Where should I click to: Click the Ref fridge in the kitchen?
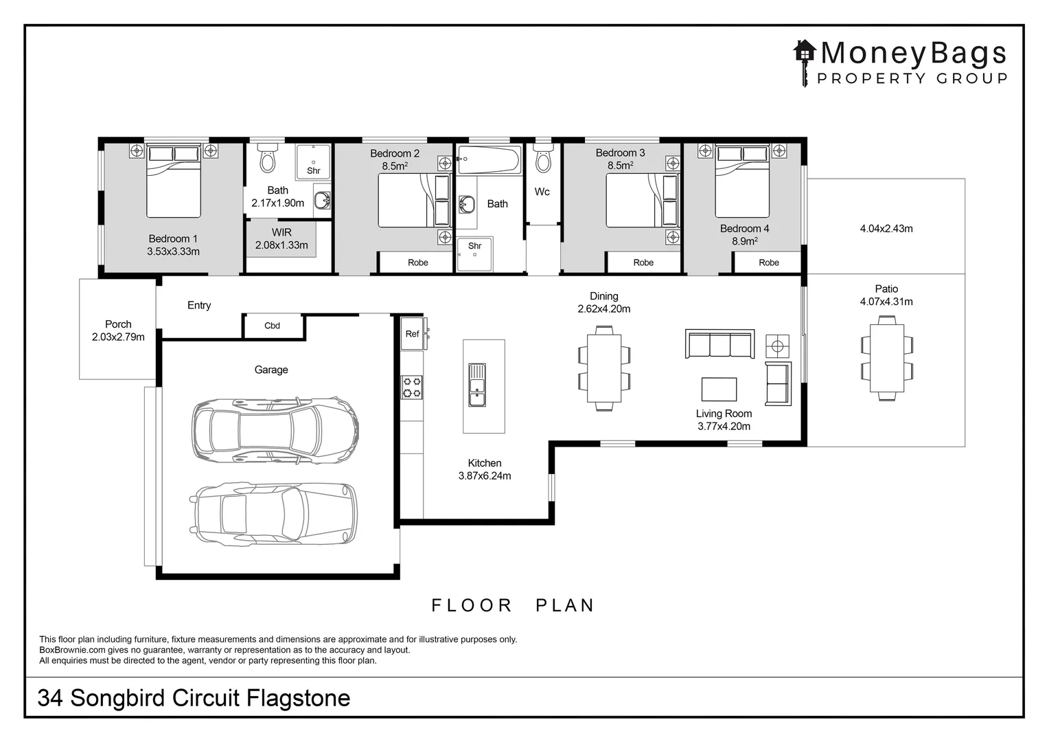[413, 334]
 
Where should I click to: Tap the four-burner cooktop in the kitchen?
[412, 387]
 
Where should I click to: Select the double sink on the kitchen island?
[477, 385]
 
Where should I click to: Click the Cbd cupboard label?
[272, 325]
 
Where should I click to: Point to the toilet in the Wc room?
[543, 159]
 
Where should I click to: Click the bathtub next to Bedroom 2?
[489, 159]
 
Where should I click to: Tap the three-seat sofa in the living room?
[719, 344]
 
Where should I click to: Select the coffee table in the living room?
[719, 389]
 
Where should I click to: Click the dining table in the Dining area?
[604, 368]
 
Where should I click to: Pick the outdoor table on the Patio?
[887, 358]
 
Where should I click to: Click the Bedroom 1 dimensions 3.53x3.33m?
[173, 251]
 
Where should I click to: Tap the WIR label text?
[281, 232]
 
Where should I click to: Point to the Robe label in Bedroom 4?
[769, 262]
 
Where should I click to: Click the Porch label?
[118, 324]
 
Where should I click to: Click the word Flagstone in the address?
[299, 698]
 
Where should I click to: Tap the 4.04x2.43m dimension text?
[886, 229]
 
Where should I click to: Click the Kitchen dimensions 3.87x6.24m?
[485, 475]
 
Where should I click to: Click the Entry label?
[199, 305]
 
